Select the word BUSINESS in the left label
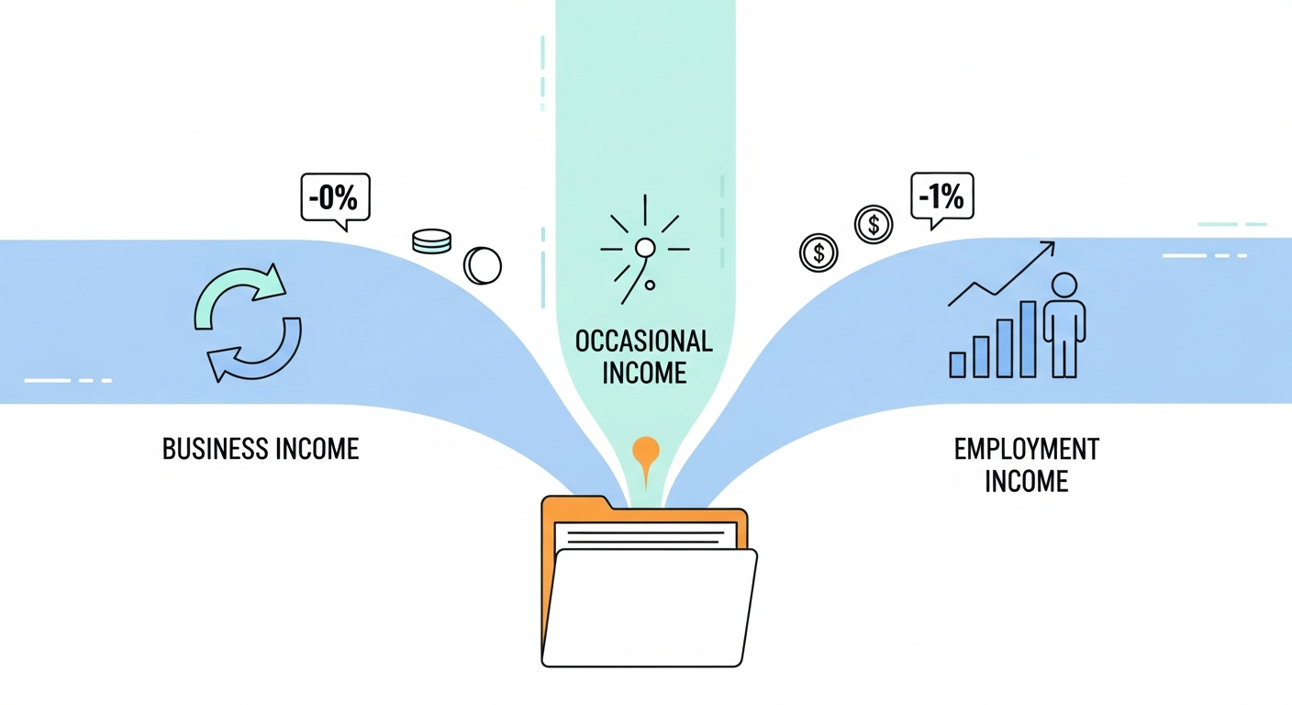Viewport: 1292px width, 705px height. click(215, 449)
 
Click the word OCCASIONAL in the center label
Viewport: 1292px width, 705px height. click(643, 341)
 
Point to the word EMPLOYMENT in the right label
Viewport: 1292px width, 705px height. click(1027, 449)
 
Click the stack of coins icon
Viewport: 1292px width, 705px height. click(432, 241)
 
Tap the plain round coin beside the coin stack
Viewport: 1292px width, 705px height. click(483, 265)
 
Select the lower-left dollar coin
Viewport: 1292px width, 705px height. click(819, 252)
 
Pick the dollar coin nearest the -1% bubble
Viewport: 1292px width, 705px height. click(874, 224)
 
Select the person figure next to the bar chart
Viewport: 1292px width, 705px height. click(1064, 325)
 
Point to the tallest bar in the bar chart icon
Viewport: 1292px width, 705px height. click(1028, 339)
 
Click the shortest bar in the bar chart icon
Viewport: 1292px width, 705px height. click(957, 364)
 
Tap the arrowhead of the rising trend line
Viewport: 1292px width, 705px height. click(1047, 248)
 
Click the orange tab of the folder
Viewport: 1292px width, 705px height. click(577, 503)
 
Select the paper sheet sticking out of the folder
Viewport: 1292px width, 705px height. click(645, 536)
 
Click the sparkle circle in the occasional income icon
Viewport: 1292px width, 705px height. click(645, 248)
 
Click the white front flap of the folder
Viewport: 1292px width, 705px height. click(649, 608)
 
